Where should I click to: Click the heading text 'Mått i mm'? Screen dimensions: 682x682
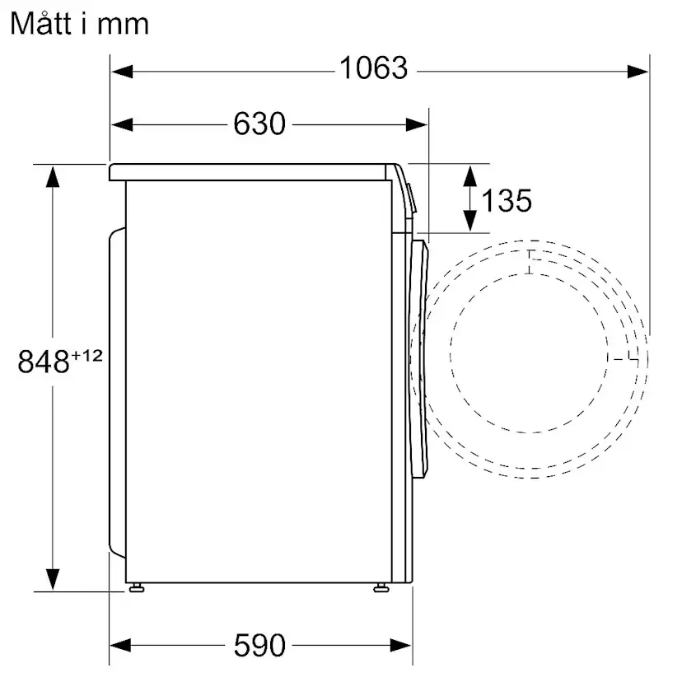point(79,23)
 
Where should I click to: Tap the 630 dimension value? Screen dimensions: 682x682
point(259,124)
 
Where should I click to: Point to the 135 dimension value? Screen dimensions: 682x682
point(506,199)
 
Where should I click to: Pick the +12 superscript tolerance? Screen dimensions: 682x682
point(87,354)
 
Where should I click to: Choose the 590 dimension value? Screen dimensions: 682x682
point(259,645)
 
